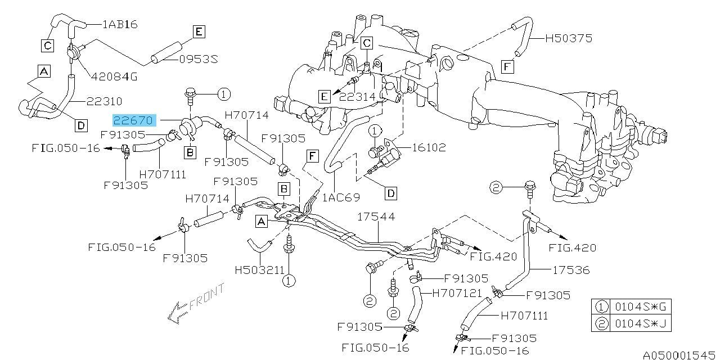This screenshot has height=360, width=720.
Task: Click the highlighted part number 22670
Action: [x=133, y=120]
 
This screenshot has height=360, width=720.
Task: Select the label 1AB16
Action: [x=120, y=24]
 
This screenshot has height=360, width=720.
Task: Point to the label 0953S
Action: [x=199, y=58]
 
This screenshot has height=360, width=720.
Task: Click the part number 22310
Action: [x=104, y=101]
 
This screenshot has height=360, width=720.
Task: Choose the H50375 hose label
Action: [x=568, y=38]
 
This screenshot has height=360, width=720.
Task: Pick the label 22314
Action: [x=358, y=96]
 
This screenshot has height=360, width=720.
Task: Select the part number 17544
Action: [x=376, y=216]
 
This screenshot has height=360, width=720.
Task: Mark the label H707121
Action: [x=457, y=292]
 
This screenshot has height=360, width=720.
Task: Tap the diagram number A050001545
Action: [x=680, y=355]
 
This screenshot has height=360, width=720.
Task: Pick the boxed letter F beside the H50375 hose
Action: [x=507, y=67]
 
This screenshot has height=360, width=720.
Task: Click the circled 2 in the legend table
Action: [x=602, y=323]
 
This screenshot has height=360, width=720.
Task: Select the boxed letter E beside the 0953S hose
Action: [x=198, y=31]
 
